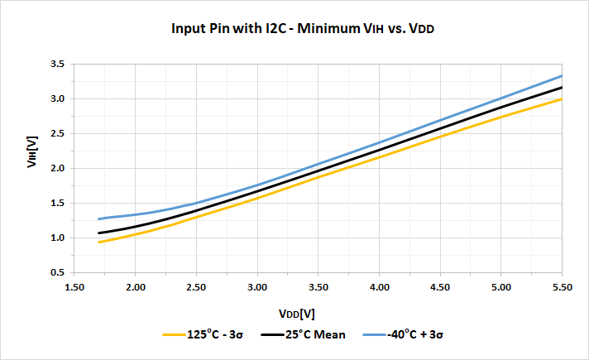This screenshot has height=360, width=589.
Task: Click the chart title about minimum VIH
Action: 303,28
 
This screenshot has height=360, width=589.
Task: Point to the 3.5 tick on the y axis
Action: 58,64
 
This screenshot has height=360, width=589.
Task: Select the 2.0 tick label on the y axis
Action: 58,168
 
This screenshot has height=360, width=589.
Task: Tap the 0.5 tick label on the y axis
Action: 58,272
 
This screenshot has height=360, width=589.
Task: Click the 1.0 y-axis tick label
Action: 58,238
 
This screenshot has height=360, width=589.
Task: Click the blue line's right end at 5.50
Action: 562,75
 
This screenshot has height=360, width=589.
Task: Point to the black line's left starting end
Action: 99,233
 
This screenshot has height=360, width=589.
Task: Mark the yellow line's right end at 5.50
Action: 562,98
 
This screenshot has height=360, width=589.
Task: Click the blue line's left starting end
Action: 99,218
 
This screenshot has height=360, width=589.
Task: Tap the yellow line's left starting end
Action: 99,242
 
